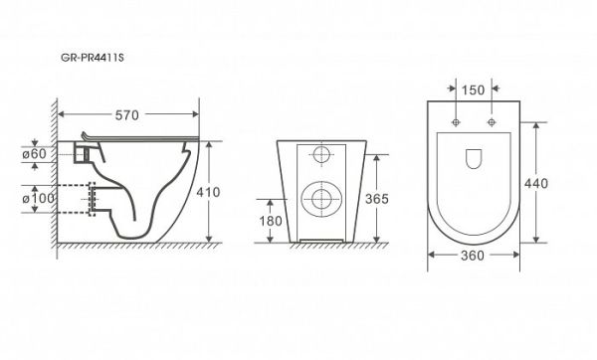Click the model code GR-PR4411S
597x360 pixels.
93,58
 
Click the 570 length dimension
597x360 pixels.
126,115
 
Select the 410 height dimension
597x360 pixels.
208,192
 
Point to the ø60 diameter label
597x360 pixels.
34,154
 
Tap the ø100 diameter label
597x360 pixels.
38,198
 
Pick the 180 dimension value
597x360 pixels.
271,221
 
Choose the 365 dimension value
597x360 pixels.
377,199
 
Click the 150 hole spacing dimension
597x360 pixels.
473,90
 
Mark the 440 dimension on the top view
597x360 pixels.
536,183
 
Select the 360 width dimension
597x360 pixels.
473,256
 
